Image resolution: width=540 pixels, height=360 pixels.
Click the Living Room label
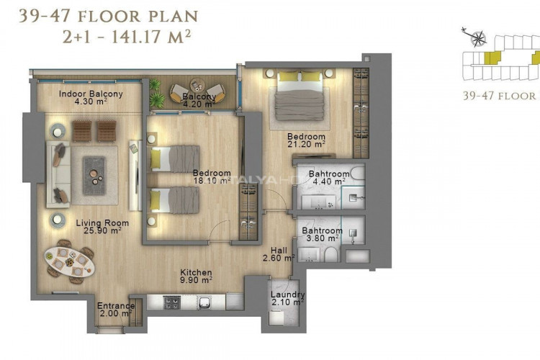tap(102, 223)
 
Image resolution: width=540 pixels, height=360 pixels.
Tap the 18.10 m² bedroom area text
tap(212, 181)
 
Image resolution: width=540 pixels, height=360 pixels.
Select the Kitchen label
tap(196, 272)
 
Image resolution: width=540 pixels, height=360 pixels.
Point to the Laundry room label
tap(287, 295)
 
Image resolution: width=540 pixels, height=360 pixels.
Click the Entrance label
tap(116, 306)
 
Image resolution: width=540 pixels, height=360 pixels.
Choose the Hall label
tap(279, 251)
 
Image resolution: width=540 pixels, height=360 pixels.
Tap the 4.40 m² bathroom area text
tap(329, 181)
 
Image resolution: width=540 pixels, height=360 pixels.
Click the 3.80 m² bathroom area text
tap(323, 238)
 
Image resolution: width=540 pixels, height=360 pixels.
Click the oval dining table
tap(70, 263)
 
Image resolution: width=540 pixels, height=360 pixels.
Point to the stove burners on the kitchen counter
tap(172, 303)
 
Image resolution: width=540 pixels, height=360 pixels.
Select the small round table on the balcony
tap(197, 86)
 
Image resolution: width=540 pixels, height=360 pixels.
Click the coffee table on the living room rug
tap(94, 176)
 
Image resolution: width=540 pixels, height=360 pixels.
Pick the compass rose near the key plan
tap(477, 38)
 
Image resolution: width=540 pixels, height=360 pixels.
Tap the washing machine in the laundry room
tap(276, 318)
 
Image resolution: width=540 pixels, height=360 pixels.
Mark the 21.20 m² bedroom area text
tap(307, 144)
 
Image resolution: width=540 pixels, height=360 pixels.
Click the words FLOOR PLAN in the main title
tap(138, 16)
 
